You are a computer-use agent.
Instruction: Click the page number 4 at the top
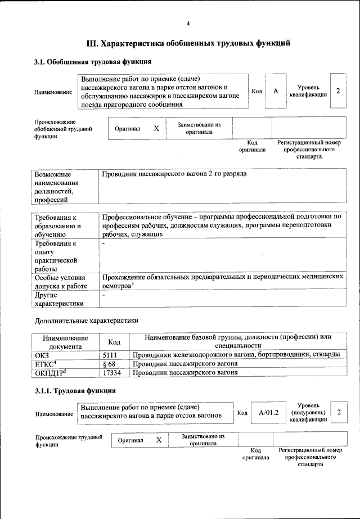[188, 23]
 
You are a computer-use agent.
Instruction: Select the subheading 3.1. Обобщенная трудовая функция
[93, 61]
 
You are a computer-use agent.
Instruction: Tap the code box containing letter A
[276, 91]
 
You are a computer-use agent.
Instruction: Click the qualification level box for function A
[337, 91]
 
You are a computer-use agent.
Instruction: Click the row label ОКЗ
[42, 355]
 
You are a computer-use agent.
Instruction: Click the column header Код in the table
[114, 341]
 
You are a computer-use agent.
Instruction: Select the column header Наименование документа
[65, 341]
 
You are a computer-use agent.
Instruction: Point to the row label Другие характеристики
[59, 299]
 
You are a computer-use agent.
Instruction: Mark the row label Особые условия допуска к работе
[60, 282]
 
